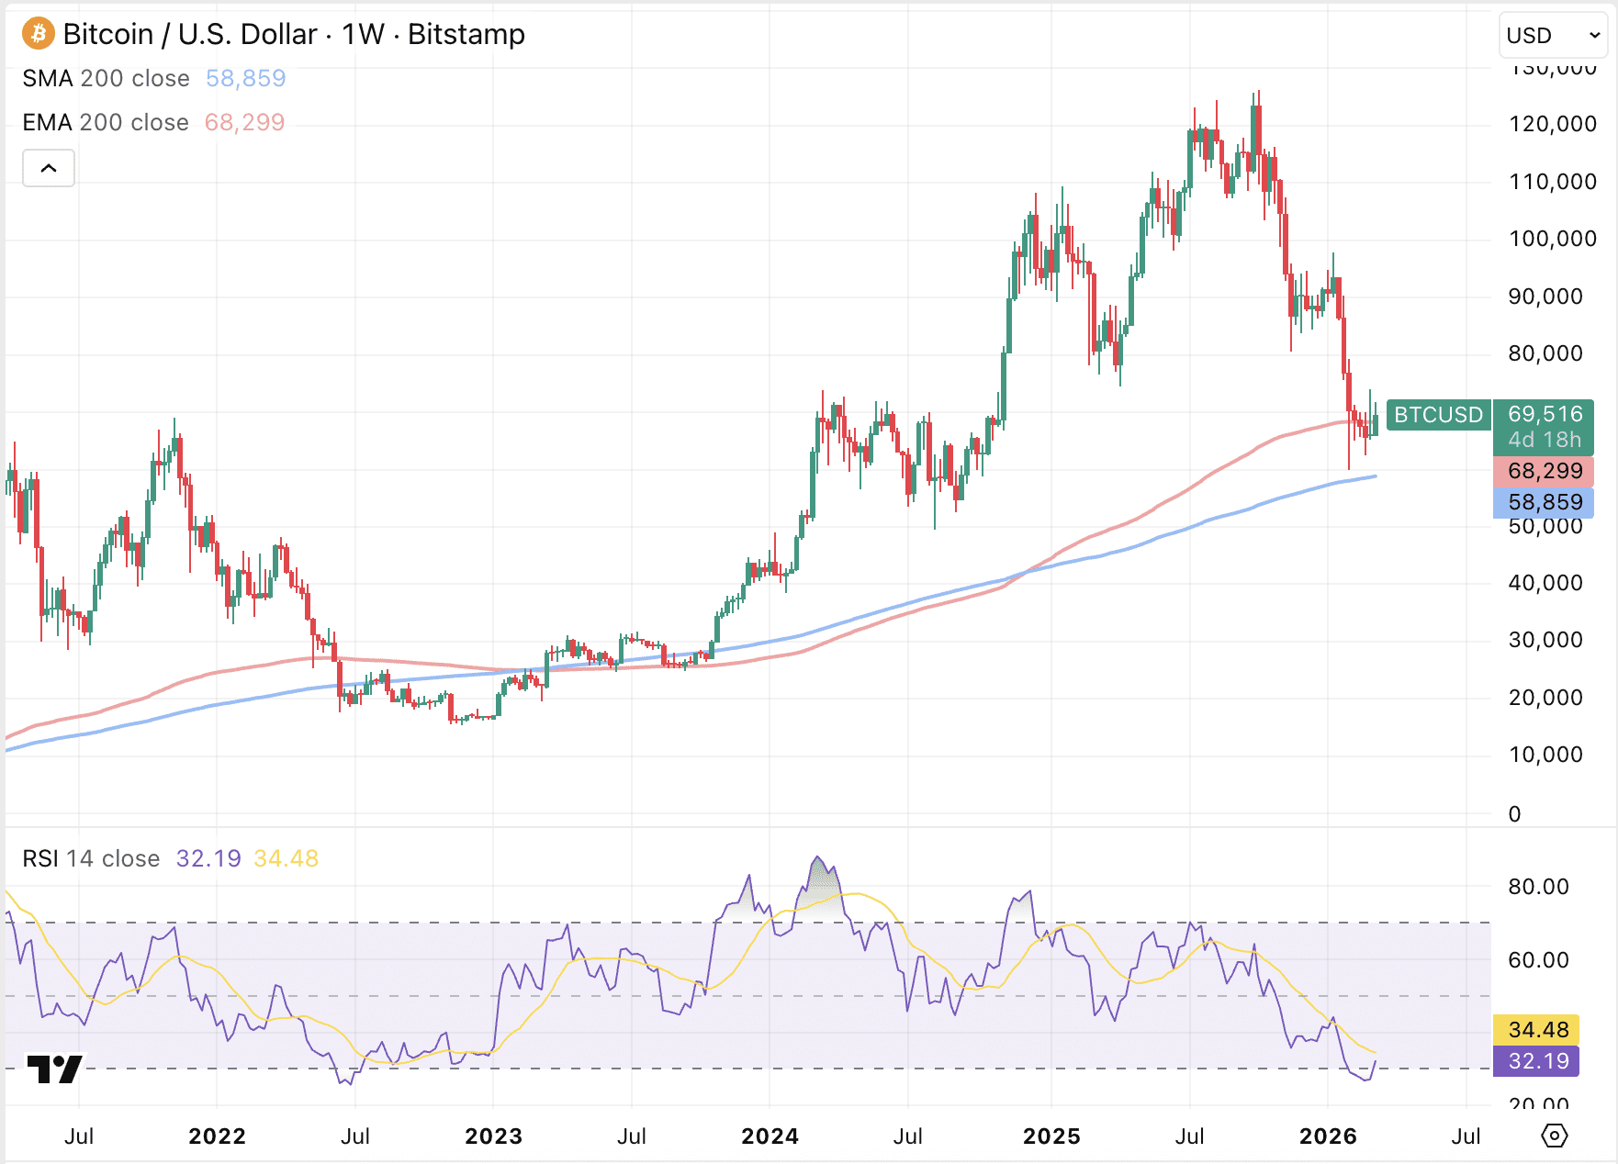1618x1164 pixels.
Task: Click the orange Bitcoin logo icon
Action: [x=39, y=34]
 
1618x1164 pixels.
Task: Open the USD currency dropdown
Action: [x=1553, y=36]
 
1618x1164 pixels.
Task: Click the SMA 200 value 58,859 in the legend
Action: [x=245, y=79]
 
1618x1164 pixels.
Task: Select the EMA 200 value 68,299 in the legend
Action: [x=244, y=123]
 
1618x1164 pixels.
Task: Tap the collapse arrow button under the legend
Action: [x=49, y=168]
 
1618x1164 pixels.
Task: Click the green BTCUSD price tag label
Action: [x=1438, y=415]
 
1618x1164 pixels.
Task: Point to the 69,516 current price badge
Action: [x=1545, y=415]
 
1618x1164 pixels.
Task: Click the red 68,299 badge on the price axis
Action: [x=1545, y=472]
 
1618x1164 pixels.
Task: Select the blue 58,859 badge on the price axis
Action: [x=1545, y=503]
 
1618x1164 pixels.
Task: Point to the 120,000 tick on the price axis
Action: [x=1552, y=124]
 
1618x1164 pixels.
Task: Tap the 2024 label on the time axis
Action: [x=770, y=1136]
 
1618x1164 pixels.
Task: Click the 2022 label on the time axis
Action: [x=217, y=1136]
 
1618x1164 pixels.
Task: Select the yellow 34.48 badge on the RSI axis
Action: [x=1538, y=1030]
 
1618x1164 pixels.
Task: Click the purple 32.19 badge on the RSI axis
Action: [x=1538, y=1061]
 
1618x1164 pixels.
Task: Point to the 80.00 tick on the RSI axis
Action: [x=1538, y=887]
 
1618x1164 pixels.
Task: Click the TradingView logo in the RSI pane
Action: [x=54, y=1069]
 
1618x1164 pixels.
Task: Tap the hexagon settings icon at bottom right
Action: [x=1554, y=1136]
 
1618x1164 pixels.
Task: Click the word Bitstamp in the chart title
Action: [x=466, y=35]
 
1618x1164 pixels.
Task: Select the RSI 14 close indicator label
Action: [x=91, y=859]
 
